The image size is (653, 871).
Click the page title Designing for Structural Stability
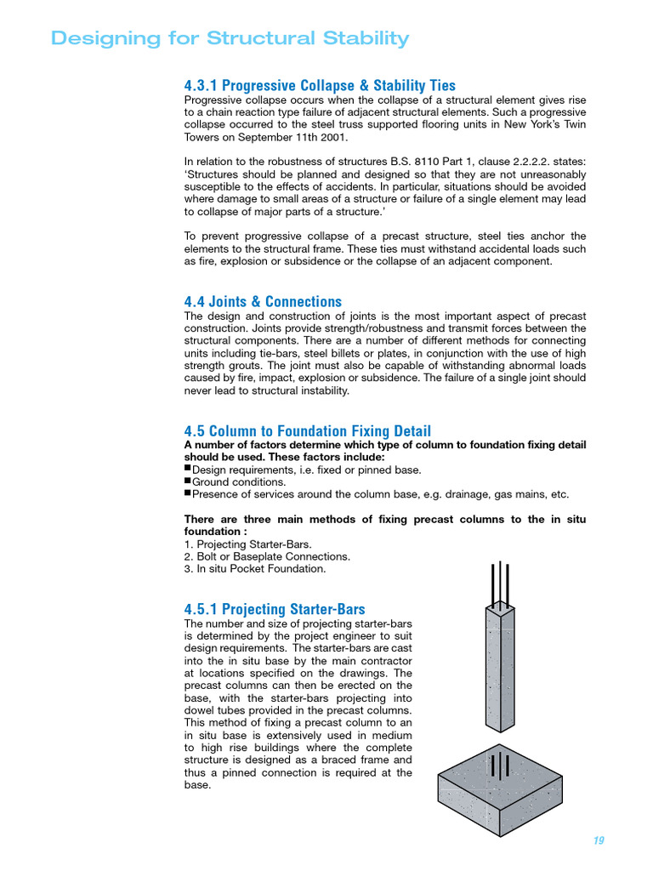click(x=230, y=38)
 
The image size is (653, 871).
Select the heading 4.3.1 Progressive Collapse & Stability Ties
click(x=320, y=85)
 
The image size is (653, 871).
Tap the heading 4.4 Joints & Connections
click(x=263, y=302)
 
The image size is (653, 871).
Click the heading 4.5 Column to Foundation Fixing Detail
click(x=307, y=431)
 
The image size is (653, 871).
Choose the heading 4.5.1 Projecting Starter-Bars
click(x=275, y=609)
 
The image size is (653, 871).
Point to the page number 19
click(x=599, y=840)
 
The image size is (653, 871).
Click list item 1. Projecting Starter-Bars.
click(x=247, y=544)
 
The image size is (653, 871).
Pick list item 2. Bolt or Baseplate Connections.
click(x=267, y=556)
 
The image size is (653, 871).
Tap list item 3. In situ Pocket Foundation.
click(x=254, y=568)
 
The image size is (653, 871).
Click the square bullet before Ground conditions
click(x=188, y=481)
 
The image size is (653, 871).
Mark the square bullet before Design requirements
click(x=188, y=469)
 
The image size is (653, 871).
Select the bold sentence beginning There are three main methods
click(x=384, y=526)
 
